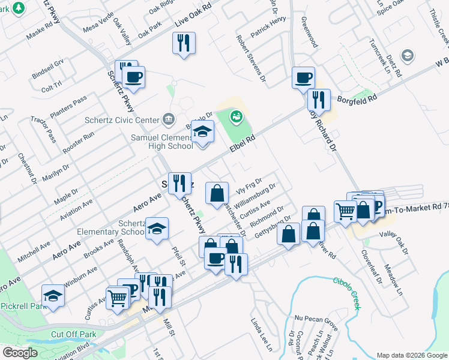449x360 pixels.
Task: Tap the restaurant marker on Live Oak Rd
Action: pyautogui.click(x=184, y=43)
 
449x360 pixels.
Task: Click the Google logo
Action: pyautogui.click(x=20, y=353)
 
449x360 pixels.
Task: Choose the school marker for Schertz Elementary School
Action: pyautogui.click(x=157, y=229)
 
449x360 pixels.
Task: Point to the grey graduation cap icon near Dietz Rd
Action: pyautogui.click(x=408, y=56)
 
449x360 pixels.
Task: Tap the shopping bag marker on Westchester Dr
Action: pyautogui.click(x=217, y=193)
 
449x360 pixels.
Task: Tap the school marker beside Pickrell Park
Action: pyautogui.click(x=53, y=296)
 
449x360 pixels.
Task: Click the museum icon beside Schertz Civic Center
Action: pyautogui.click(x=169, y=118)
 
